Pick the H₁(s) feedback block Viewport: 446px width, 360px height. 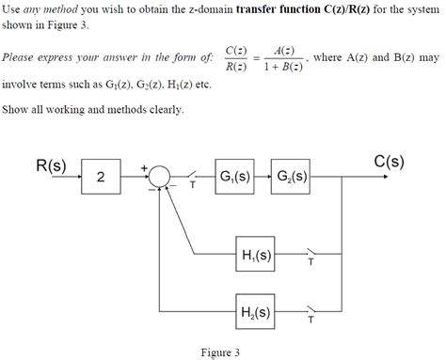click(x=256, y=255)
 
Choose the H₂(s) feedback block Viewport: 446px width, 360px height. click(x=256, y=312)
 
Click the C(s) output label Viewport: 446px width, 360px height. click(x=389, y=161)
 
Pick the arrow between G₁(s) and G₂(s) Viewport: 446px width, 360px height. click(x=263, y=176)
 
